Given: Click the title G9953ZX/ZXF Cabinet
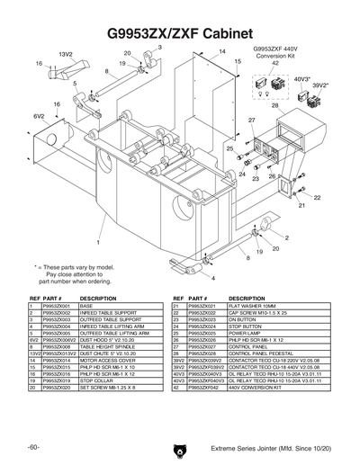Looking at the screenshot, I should [180, 34].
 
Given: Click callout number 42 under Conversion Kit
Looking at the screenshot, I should [275, 64].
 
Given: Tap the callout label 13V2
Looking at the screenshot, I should [65, 54].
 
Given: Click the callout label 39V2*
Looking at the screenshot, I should [320, 87].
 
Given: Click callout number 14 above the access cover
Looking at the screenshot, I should [222, 52].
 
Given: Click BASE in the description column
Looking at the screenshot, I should [88, 306].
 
